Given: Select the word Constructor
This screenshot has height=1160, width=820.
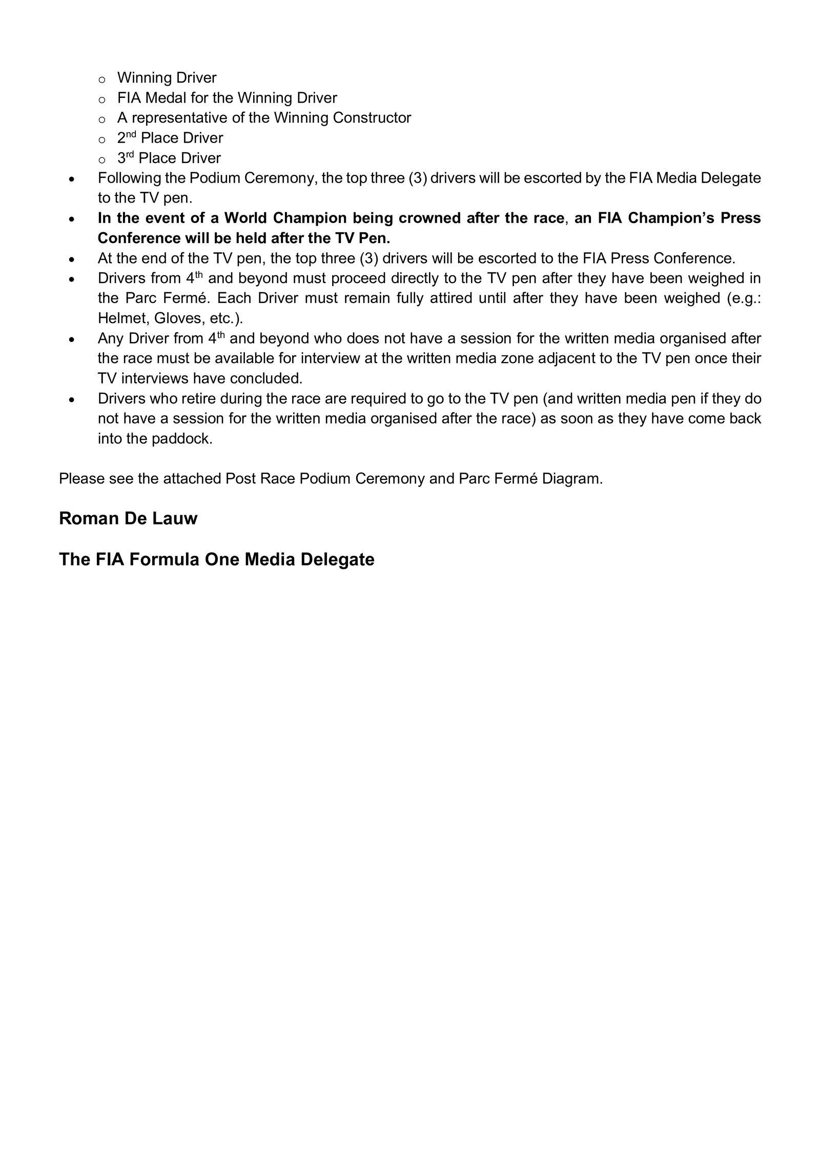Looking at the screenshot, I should point(372,118).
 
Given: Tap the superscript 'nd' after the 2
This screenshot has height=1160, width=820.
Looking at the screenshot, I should point(131,135).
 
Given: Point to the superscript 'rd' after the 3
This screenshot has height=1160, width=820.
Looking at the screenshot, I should point(130,155).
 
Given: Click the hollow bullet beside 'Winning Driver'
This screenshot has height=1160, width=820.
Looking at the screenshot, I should point(101,79).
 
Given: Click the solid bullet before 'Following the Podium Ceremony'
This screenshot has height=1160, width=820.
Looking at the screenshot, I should point(72,179).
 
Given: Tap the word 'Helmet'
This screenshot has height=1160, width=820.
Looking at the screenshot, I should point(122,318).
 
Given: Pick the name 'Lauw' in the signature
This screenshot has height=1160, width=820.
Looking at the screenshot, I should point(176,518).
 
